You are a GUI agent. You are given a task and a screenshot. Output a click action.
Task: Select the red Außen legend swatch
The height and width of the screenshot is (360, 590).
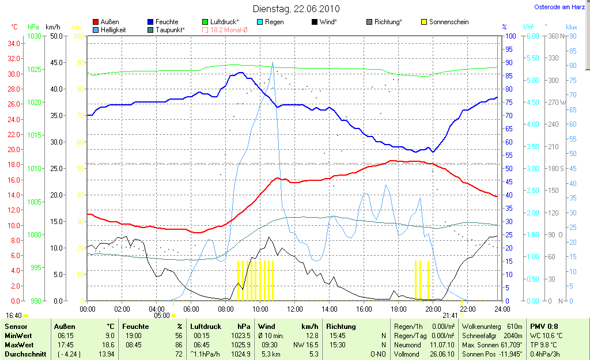click(x=96, y=22)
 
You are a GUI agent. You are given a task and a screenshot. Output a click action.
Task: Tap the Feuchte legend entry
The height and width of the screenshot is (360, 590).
click(x=167, y=22)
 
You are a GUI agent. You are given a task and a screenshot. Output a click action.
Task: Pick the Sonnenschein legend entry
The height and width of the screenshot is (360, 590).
click(x=449, y=22)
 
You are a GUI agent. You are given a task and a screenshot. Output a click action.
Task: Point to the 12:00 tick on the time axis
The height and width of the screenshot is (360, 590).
click(x=294, y=309)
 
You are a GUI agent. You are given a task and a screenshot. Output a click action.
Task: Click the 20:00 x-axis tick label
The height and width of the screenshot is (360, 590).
click(x=433, y=309)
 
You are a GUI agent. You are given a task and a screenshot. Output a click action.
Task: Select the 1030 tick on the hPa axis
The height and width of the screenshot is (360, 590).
click(x=34, y=36)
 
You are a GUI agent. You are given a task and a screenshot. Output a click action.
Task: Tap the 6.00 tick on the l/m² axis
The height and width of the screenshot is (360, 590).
click(x=532, y=36)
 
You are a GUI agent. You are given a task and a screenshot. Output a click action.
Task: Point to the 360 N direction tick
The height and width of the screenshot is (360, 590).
click(x=555, y=36)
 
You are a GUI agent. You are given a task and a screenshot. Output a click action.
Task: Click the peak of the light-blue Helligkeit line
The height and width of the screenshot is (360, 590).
click(x=273, y=63)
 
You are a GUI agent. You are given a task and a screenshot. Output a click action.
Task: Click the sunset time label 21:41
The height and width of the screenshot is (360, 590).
click(x=449, y=316)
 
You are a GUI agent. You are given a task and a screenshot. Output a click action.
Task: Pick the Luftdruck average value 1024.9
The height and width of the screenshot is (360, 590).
click(x=243, y=354)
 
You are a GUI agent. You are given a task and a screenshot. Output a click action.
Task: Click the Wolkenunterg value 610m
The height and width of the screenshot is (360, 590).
click(x=510, y=326)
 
